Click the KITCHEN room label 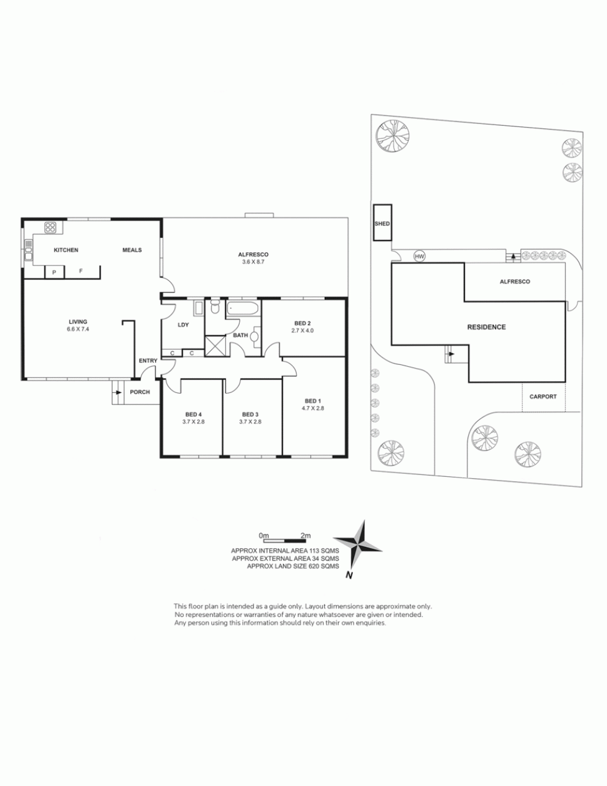click(66, 250)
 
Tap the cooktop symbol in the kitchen click(50, 228)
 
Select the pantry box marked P click(54, 272)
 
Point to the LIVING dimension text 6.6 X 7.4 click(78, 329)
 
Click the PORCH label click(140, 392)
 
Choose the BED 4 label click(193, 414)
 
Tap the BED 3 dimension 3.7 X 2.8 click(250, 422)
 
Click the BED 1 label click(313, 401)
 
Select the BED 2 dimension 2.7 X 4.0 click(303, 330)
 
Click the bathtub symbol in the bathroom click(242, 309)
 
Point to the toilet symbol click(215, 307)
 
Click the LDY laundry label click(183, 325)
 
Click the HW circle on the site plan click(419, 257)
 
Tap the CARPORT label click(543, 396)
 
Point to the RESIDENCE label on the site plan click(486, 327)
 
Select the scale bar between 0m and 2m click(285, 541)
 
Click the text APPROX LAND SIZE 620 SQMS click(293, 566)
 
